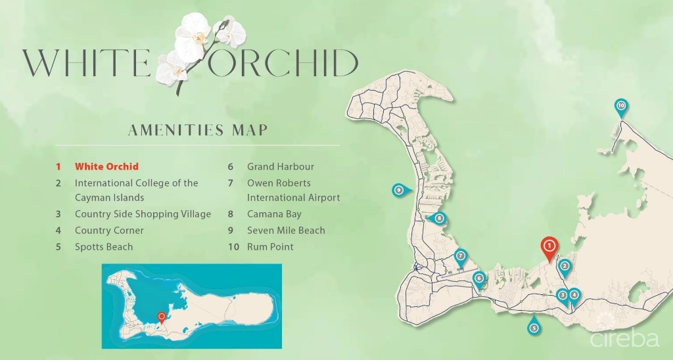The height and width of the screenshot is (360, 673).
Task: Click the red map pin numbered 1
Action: point(549,246)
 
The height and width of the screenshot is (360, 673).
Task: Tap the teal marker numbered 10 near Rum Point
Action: point(621,105)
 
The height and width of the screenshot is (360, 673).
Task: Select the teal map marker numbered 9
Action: point(398,191)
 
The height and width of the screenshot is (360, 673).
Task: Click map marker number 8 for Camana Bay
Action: point(438,219)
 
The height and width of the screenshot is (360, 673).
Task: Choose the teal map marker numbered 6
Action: point(480,278)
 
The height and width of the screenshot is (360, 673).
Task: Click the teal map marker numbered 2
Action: point(564,266)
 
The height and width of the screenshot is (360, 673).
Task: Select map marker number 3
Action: point(562,296)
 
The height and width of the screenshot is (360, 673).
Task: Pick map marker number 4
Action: point(574,295)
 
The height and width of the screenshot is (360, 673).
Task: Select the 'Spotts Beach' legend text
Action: point(104,247)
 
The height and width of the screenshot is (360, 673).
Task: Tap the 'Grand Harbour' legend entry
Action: point(281,167)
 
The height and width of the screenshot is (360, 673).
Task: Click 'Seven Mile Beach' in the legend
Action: point(286,231)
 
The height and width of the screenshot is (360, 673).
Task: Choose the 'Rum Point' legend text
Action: point(270,247)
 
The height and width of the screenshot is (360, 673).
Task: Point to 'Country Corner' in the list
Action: point(109,231)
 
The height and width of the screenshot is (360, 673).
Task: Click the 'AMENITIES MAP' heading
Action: point(197,129)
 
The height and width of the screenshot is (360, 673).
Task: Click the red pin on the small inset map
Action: point(162,317)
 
